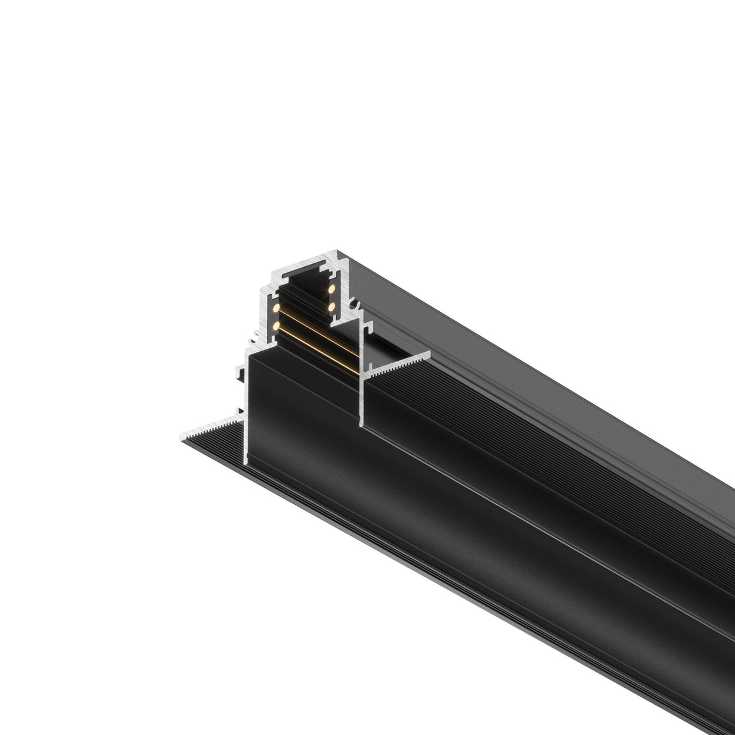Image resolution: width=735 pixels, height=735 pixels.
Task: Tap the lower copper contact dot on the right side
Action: (332, 307)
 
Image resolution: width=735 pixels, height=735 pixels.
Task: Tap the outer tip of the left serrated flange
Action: (183, 437)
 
